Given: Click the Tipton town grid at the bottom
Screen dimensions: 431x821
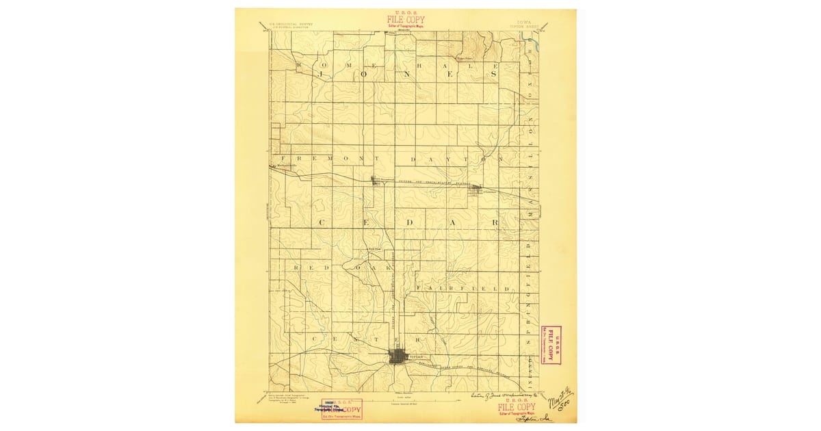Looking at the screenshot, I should coord(398,357).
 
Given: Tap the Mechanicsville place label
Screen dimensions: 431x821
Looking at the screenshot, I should coord(284,166).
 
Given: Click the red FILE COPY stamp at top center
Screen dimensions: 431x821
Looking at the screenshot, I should coord(405,21).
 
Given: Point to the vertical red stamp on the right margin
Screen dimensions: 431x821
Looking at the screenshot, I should coord(550,345).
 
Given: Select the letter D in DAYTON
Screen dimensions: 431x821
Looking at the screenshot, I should coord(413,159).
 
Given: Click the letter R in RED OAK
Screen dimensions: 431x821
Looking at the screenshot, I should coord(296,267).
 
